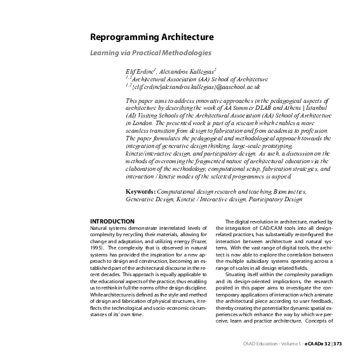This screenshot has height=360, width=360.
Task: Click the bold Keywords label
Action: tap(143, 191)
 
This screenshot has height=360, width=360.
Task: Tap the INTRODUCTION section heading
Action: tap(112, 220)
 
